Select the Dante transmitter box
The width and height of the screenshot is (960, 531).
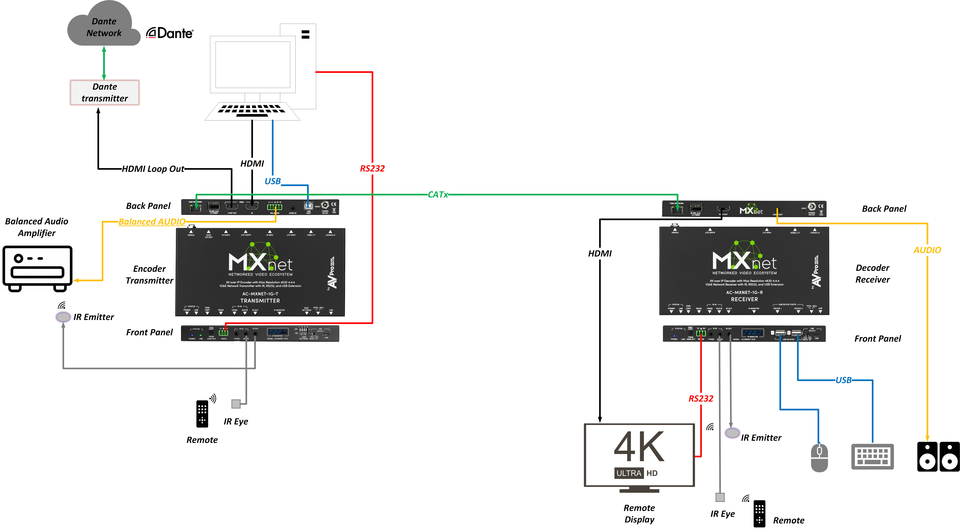click(105, 92)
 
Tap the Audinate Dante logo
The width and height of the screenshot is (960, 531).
click(170, 33)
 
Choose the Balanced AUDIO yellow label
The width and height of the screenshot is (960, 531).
click(152, 222)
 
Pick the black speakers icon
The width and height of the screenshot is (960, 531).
click(938, 457)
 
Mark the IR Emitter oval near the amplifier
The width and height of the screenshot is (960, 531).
click(63, 317)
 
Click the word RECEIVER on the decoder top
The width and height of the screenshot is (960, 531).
click(744, 299)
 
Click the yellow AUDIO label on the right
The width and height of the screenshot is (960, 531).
click(927, 250)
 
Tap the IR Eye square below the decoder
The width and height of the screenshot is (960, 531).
click(720, 497)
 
